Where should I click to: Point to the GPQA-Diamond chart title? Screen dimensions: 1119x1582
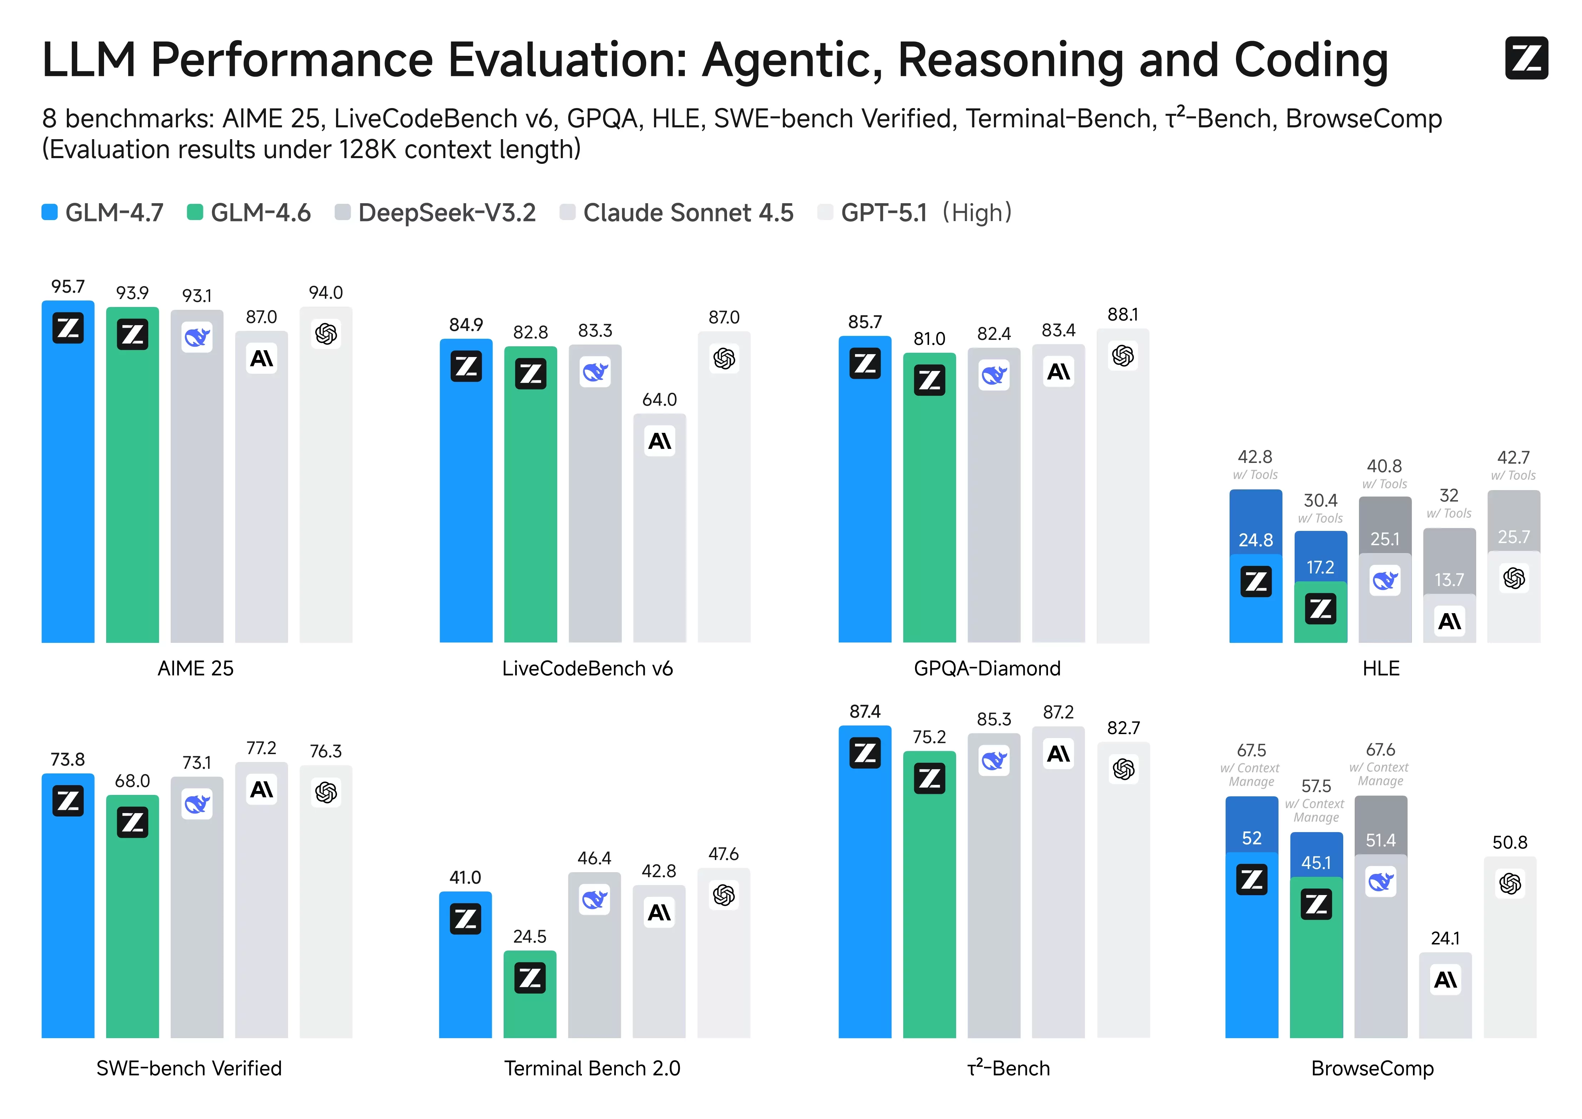[x=987, y=668]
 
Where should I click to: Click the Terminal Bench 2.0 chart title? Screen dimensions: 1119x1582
[x=592, y=1068]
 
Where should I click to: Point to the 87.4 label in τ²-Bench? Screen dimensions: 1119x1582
[x=865, y=712]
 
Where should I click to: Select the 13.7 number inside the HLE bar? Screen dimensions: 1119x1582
[x=1449, y=580]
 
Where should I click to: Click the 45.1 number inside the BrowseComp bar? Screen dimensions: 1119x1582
[x=1316, y=863]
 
